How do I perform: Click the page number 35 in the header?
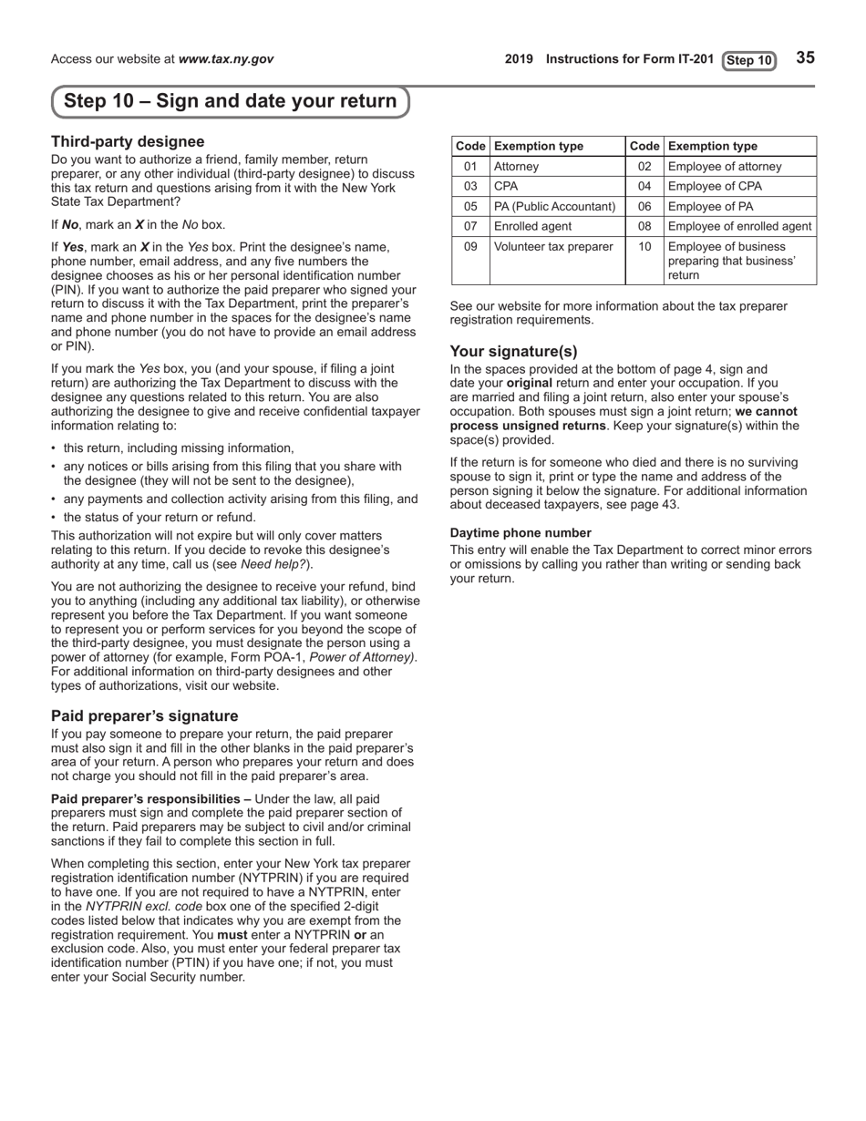805,58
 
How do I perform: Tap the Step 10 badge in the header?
749,61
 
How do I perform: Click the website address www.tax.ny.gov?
226,59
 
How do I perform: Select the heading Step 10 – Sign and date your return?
231,101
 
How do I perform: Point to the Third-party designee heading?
128,141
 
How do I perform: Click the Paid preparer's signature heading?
144,715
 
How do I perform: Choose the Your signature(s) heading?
513,351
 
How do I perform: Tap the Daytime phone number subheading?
521,532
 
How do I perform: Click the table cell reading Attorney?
516,167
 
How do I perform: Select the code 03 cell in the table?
470,187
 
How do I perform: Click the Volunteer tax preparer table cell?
553,246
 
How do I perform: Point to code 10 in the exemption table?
644,246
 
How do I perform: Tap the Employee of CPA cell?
713,187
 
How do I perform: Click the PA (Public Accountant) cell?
555,207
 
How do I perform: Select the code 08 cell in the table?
644,226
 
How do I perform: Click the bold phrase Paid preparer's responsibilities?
150,799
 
